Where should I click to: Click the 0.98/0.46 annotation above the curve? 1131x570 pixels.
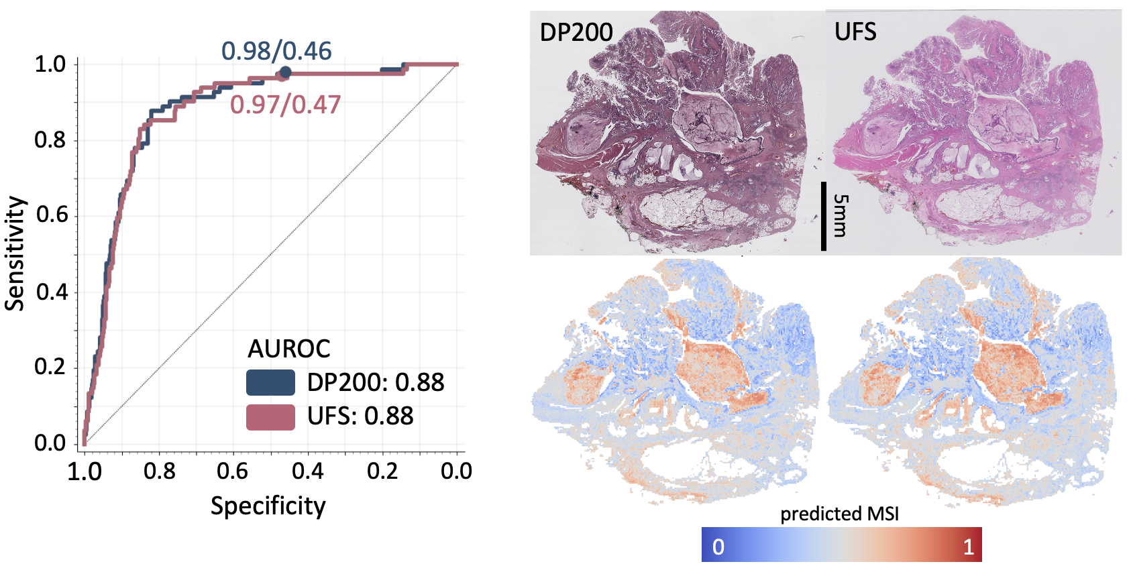276,51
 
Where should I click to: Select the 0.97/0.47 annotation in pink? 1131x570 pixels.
285,105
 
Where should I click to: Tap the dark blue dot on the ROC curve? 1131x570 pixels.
285,72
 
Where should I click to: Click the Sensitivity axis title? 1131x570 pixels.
15,253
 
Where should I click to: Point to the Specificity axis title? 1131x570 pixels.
268,506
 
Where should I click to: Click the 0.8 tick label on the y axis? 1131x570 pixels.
50,140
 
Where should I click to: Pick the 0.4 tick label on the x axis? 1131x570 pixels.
307,471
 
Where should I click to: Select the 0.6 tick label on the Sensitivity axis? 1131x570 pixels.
50,215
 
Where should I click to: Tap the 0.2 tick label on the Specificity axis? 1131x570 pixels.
382,471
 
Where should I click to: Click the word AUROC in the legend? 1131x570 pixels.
289,349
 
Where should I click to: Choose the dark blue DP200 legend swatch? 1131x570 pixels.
270,382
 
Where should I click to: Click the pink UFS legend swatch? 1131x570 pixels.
270,417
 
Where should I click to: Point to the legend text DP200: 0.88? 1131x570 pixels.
376,382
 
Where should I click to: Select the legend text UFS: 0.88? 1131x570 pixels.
360,416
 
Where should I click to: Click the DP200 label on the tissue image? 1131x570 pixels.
576,32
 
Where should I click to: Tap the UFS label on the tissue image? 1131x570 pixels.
855,32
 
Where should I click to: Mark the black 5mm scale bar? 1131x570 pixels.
824,216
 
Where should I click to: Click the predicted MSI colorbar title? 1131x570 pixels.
839,514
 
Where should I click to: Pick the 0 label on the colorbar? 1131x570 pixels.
718,547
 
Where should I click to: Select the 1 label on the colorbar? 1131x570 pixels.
968,547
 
